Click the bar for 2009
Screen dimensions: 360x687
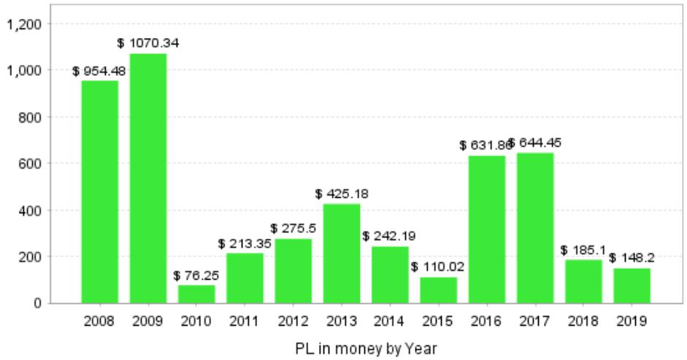tap(148, 178)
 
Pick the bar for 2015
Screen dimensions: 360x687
tap(438, 290)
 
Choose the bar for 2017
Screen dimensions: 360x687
tap(534, 228)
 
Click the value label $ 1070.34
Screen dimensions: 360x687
tap(148, 43)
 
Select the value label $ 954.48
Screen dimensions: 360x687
tap(99, 71)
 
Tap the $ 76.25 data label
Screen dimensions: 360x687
tap(196, 275)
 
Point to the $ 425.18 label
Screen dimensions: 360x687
tap(342, 194)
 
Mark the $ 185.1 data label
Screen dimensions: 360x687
tap(583, 250)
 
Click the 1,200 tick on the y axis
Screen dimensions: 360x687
tap(28, 23)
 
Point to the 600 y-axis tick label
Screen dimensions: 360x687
tap(37, 164)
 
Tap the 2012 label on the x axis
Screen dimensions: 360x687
tap(293, 321)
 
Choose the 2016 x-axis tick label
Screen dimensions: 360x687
tap(486, 321)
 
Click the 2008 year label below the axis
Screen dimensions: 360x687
tap(99, 321)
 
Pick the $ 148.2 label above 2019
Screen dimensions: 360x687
tap(632, 258)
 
